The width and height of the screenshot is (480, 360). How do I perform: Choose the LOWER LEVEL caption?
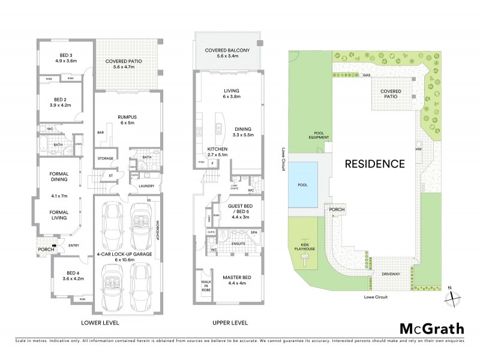[x=100, y=323]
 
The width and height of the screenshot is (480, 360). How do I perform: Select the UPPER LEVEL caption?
[x=229, y=323]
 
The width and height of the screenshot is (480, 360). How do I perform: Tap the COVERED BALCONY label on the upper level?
[x=227, y=53]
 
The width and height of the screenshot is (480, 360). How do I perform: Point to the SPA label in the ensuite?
[x=253, y=231]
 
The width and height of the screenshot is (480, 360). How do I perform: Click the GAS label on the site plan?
[x=367, y=76]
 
